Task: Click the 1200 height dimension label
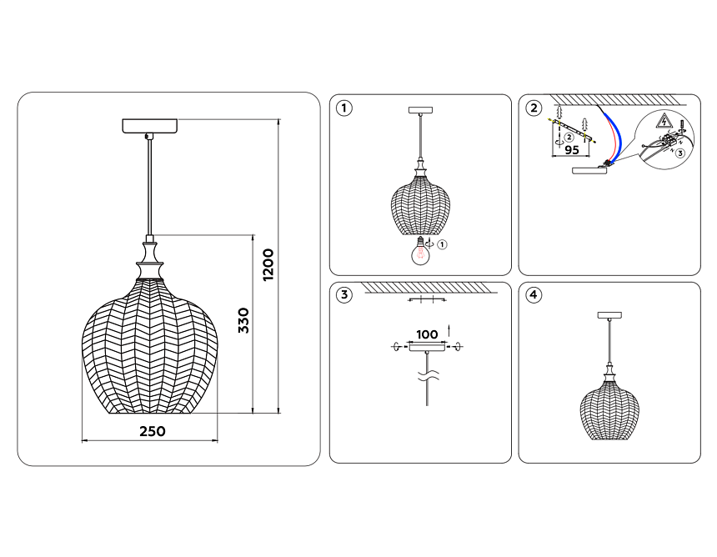(x=268, y=264)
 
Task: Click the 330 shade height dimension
(x=244, y=320)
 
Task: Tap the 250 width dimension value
(x=153, y=431)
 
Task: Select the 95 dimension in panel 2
(x=572, y=149)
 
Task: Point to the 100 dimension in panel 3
(x=427, y=334)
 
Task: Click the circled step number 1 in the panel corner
(x=343, y=108)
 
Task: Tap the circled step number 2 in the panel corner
(x=534, y=108)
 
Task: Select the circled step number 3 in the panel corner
(x=343, y=295)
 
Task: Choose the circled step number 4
(x=534, y=295)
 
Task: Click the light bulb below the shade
(x=420, y=252)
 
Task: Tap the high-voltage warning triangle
(x=663, y=121)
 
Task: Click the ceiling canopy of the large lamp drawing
(x=149, y=126)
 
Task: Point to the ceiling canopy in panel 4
(x=609, y=315)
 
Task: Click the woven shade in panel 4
(x=609, y=414)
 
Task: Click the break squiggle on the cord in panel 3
(x=428, y=376)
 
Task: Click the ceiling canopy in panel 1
(x=420, y=110)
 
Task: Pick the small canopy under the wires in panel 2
(x=589, y=170)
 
